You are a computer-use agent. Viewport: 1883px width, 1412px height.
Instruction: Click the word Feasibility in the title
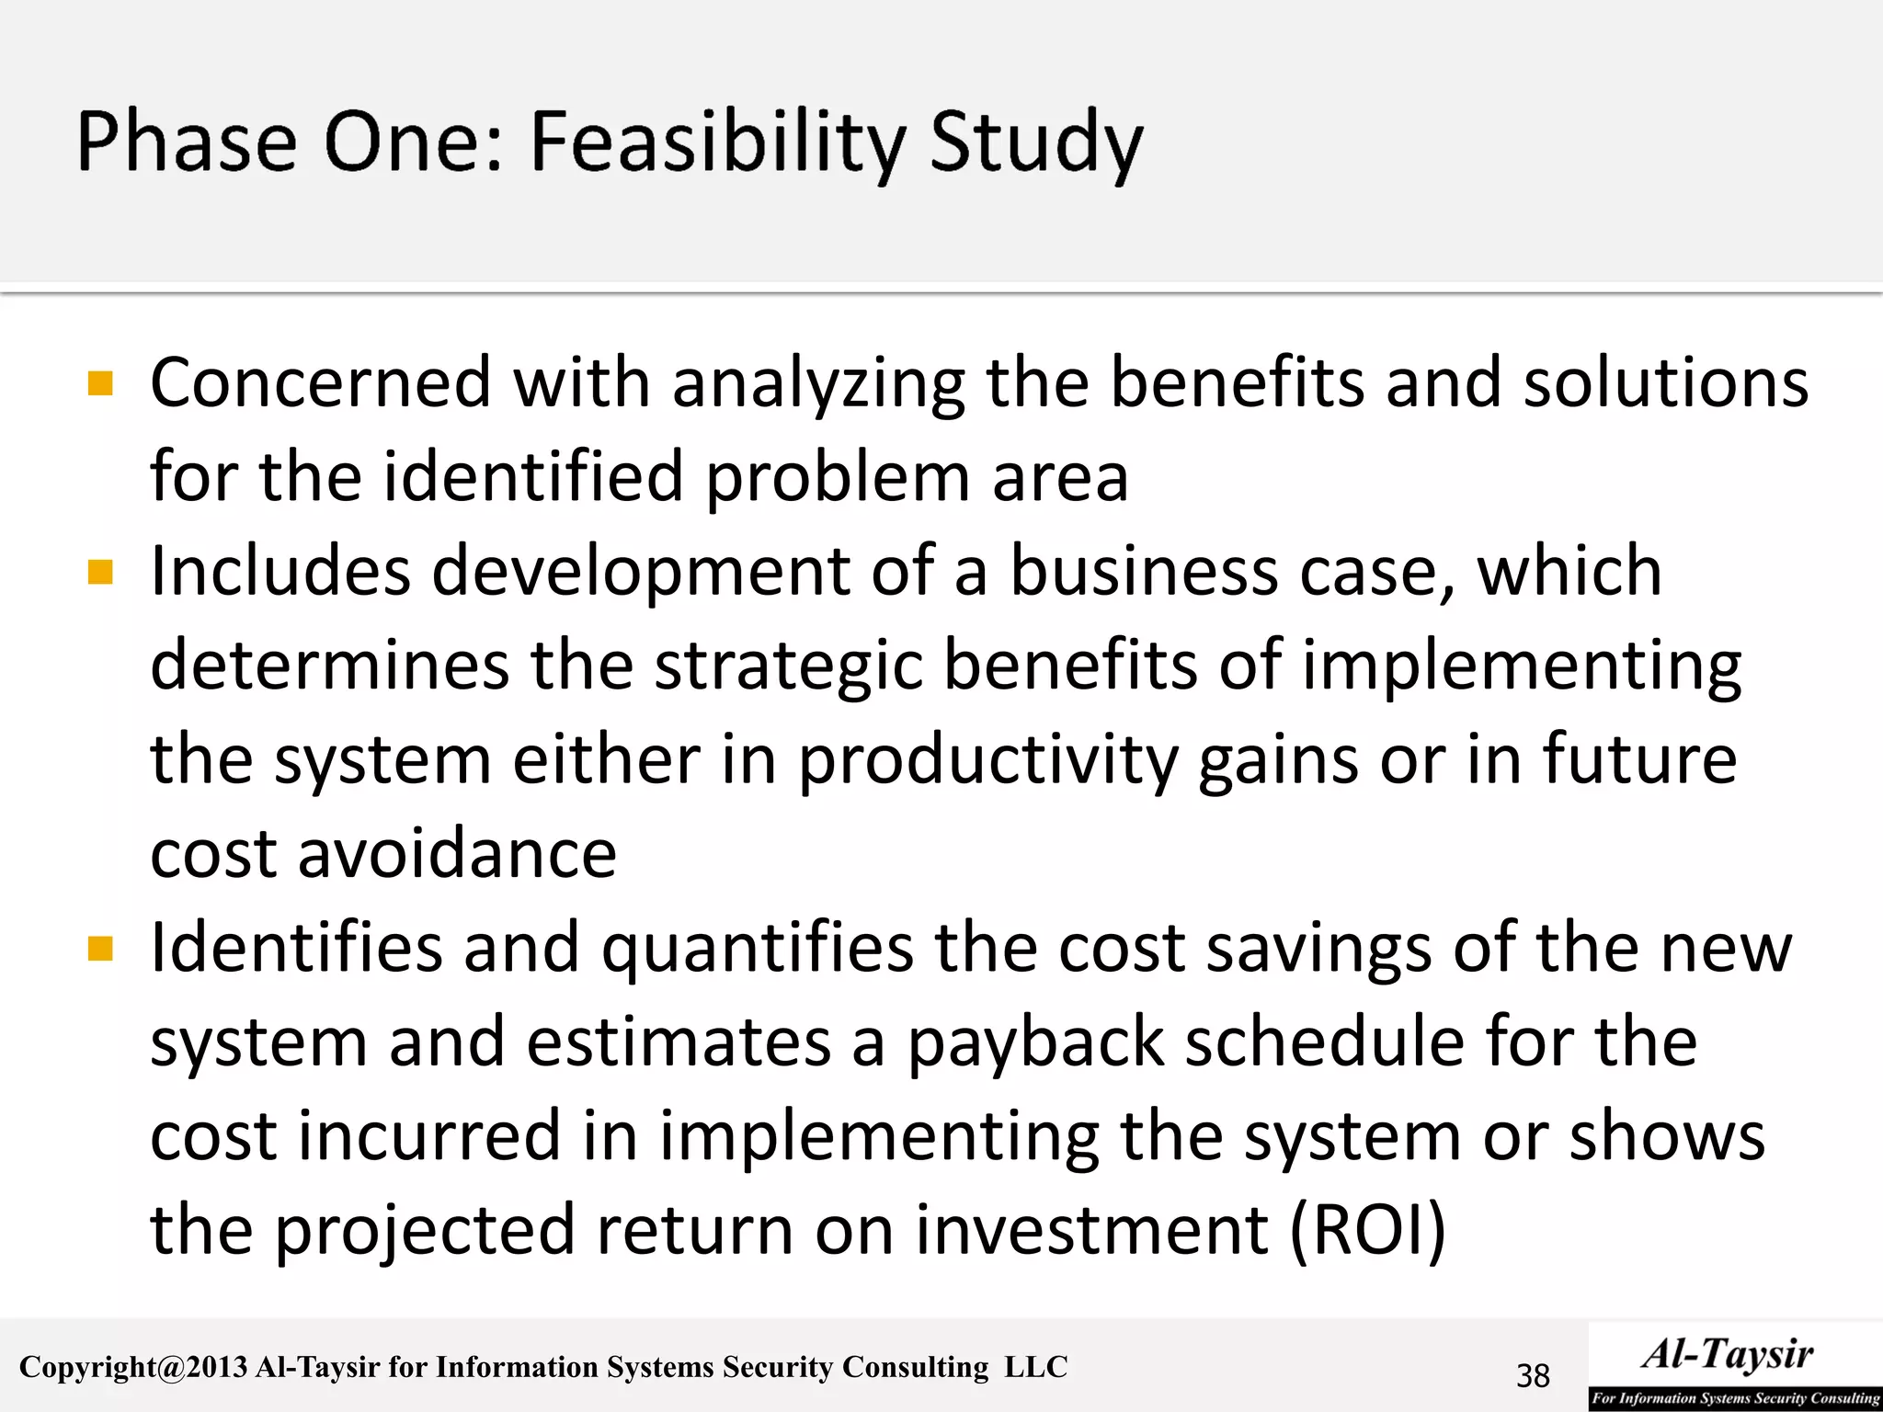pyautogui.click(x=717, y=142)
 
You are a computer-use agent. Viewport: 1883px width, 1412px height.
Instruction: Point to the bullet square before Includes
pyautogui.click(x=100, y=572)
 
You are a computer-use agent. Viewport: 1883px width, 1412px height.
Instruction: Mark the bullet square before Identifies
pyautogui.click(x=100, y=948)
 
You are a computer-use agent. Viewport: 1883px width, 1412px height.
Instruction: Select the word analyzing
pyautogui.click(x=818, y=384)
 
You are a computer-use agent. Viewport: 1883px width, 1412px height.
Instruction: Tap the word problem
pyautogui.click(x=838, y=478)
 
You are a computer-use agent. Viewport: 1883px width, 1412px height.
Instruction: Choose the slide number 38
pyautogui.click(x=1533, y=1376)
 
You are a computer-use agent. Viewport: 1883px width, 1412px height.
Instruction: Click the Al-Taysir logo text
pyautogui.click(x=1728, y=1354)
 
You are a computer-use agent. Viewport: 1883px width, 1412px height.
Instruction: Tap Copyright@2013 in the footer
pyautogui.click(x=133, y=1368)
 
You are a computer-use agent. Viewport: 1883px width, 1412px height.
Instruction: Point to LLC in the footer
pyautogui.click(x=1035, y=1367)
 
